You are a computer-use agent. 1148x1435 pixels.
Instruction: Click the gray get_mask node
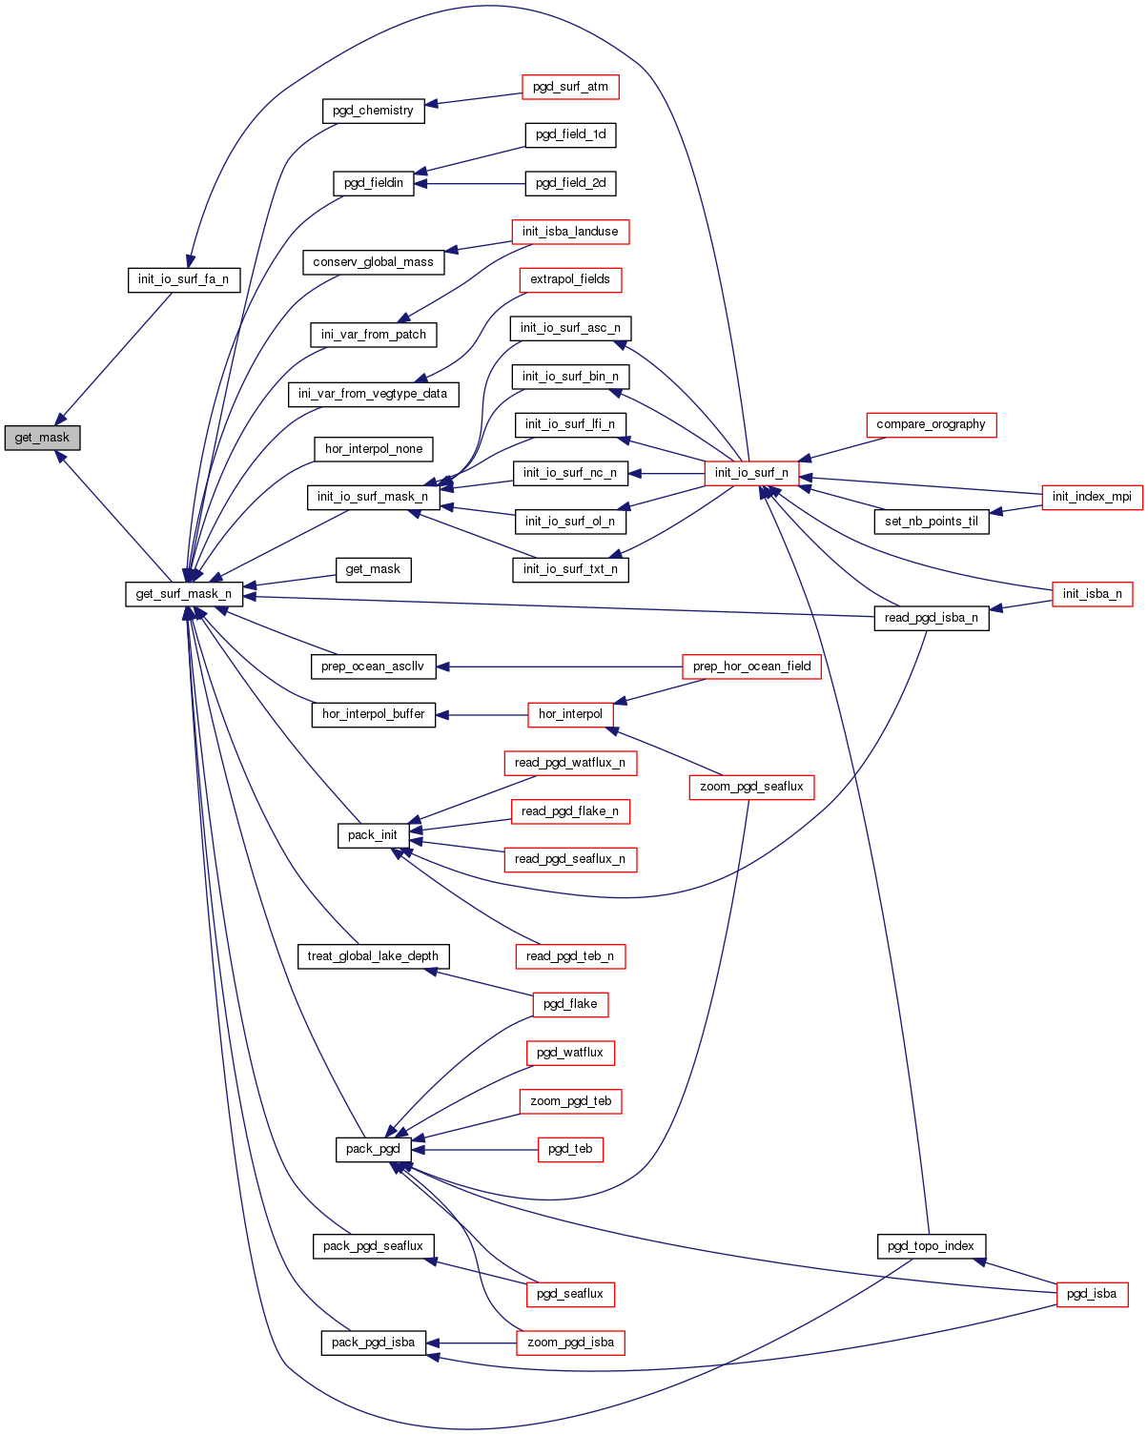42,438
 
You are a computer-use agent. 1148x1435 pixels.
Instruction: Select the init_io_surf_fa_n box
183,279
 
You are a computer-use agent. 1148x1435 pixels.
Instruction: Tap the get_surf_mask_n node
184,594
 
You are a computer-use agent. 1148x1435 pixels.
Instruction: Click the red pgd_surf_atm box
570,87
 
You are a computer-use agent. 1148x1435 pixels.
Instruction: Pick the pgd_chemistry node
373,111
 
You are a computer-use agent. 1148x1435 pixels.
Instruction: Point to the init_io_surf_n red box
751,473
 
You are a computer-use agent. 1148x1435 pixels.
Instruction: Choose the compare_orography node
931,424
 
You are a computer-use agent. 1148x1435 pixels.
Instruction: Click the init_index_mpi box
1092,497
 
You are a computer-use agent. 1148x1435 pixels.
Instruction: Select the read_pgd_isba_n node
931,618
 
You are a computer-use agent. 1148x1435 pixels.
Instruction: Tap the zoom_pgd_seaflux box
751,787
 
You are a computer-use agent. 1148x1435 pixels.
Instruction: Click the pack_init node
373,835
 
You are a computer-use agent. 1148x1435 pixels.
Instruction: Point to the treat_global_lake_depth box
373,956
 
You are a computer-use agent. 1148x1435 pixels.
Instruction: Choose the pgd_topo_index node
931,1246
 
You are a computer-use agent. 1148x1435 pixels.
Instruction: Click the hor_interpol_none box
374,449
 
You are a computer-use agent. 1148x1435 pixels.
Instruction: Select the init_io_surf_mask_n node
372,497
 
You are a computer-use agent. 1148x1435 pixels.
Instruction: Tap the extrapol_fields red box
570,279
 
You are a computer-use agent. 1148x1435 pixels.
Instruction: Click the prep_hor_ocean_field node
751,666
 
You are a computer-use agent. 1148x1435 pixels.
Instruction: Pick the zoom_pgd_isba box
570,1343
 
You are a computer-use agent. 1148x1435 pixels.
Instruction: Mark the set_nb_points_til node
931,522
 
